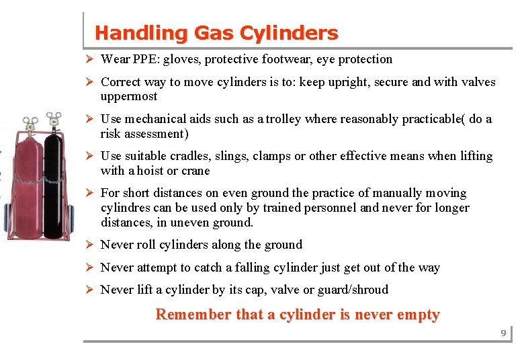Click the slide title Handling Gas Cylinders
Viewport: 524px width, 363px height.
[216, 32]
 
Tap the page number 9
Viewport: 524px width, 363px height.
[503, 333]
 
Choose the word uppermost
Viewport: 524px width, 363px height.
[129, 96]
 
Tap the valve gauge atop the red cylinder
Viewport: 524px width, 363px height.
[30, 124]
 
